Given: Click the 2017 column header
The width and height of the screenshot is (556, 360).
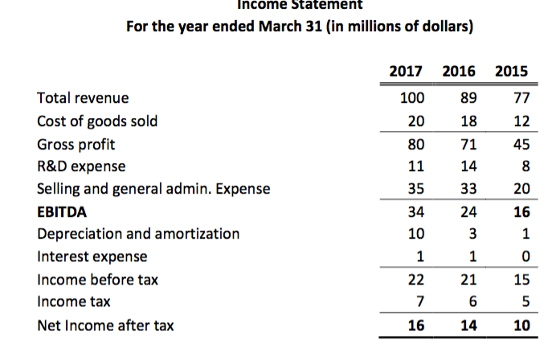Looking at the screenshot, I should pyautogui.click(x=407, y=72).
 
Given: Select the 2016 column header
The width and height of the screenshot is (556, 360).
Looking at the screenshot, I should pyautogui.click(x=459, y=72).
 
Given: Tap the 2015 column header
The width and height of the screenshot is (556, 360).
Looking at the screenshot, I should pyautogui.click(x=511, y=72).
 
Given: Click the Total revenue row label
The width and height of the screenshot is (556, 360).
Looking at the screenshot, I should pyautogui.click(x=83, y=99).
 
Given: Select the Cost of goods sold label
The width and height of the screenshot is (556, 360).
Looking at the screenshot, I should pyautogui.click(x=97, y=121).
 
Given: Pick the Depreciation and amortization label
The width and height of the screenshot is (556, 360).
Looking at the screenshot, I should pyautogui.click(x=138, y=234).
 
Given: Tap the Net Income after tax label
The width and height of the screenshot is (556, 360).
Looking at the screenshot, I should pyautogui.click(x=105, y=325).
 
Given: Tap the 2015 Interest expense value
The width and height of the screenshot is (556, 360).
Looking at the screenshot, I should pyautogui.click(x=524, y=257).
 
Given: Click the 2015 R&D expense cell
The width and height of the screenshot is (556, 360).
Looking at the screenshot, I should pyautogui.click(x=524, y=167).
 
